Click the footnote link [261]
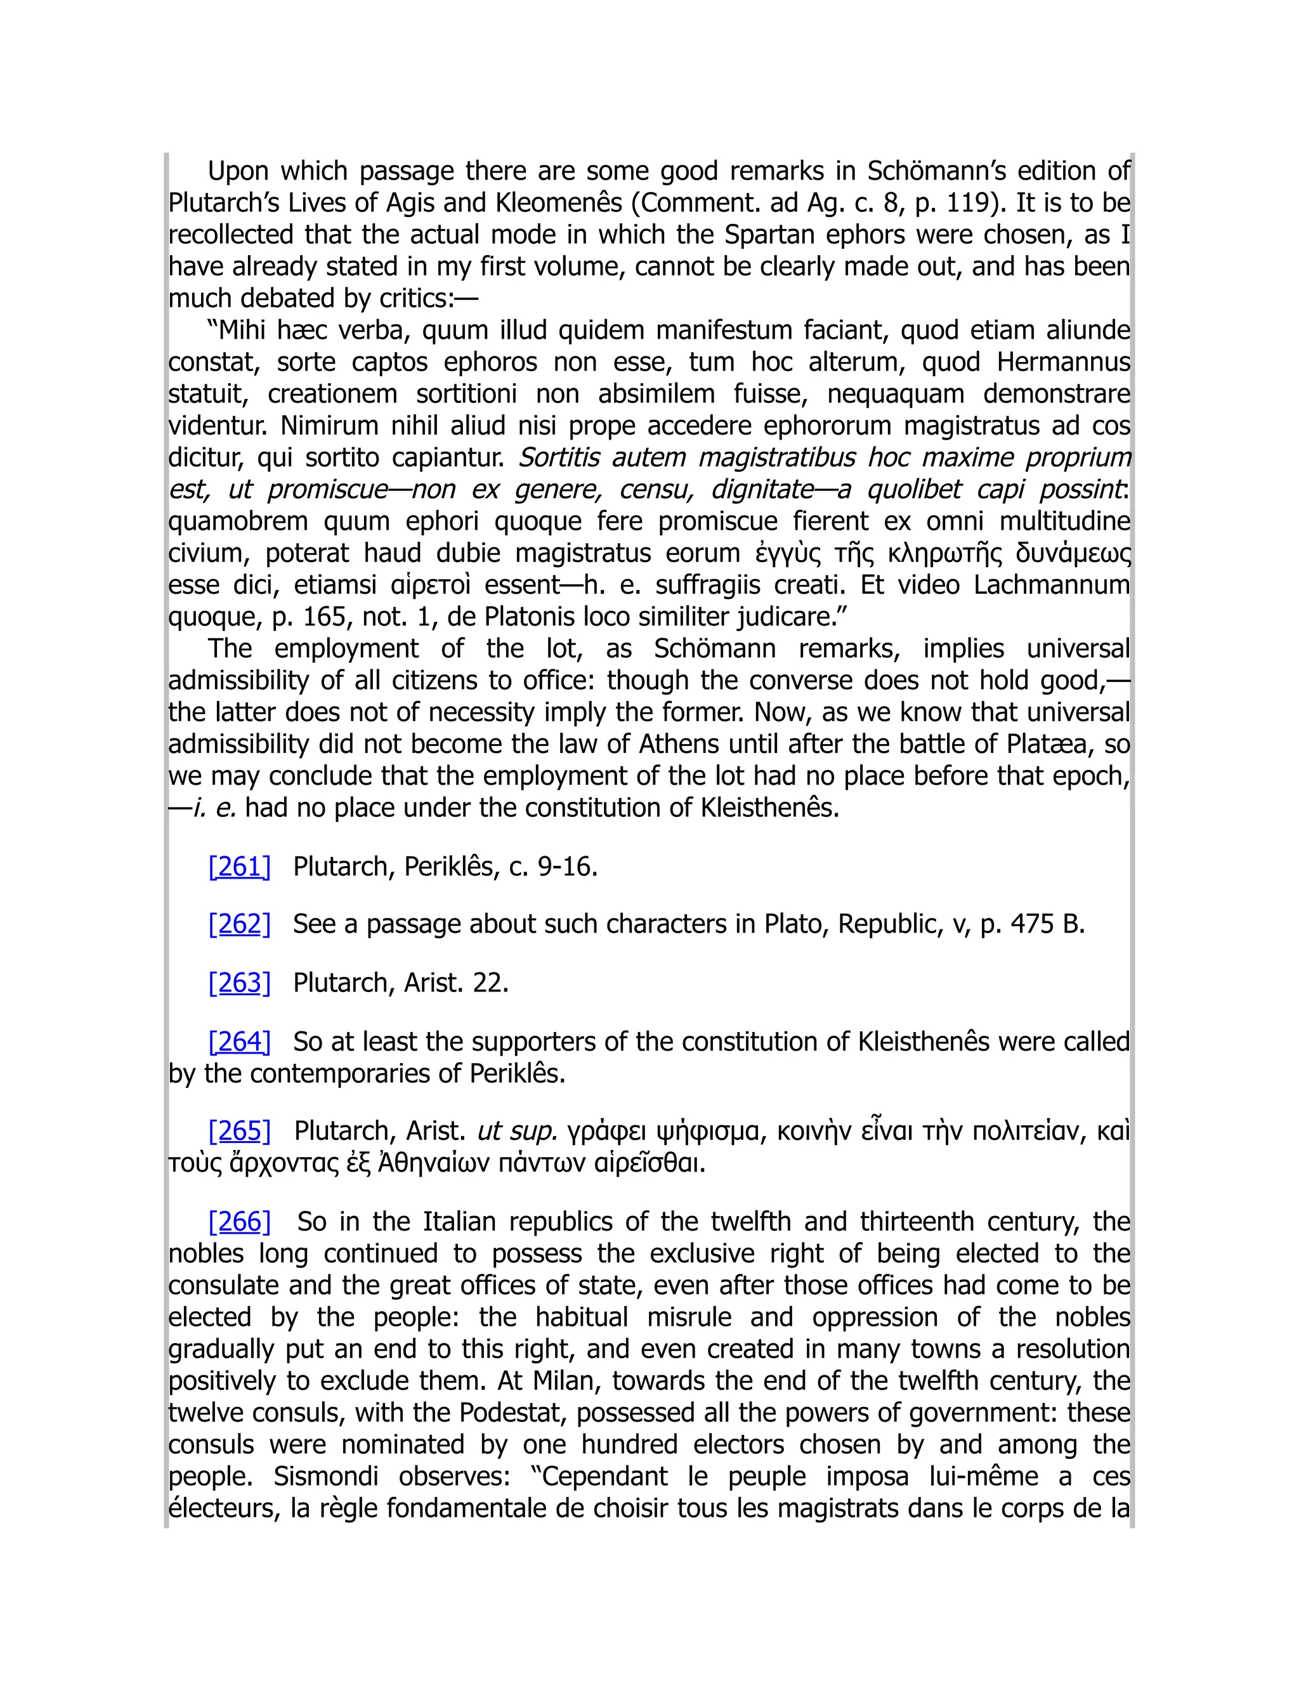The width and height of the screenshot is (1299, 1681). (x=239, y=867)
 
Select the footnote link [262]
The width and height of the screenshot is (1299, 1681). (x=239, y=924)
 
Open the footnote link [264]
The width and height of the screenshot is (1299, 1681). (x=239, y=1042)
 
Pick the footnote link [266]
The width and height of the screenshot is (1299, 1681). (x=239, y=1222)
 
